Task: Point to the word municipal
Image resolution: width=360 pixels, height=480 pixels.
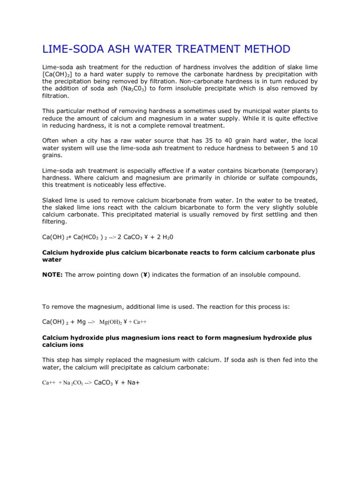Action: [x=225, y=111]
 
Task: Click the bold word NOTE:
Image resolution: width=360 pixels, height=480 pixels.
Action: [x=52, y=275]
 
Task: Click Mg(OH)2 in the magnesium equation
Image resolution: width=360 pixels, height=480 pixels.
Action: [x=111, y=322]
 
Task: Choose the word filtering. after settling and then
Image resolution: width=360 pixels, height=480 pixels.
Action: [x=55, y=222]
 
